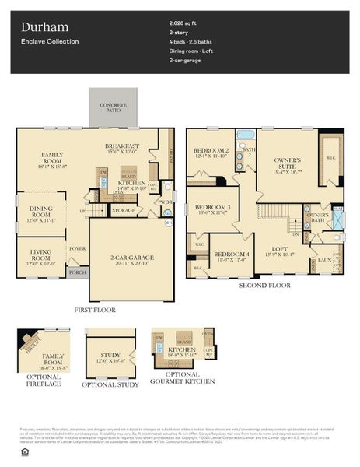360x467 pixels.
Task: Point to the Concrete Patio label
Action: [x=113, y=107]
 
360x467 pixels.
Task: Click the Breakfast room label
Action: [x=122, y=146]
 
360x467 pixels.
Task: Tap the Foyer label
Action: [x=78, y=251]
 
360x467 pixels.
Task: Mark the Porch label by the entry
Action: [x=78, y=272]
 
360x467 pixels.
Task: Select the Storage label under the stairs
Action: [x=123, y=210]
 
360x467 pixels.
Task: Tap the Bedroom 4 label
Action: [x=231, y=255]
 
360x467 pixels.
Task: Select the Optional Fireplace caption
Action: [x=42, y=380]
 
